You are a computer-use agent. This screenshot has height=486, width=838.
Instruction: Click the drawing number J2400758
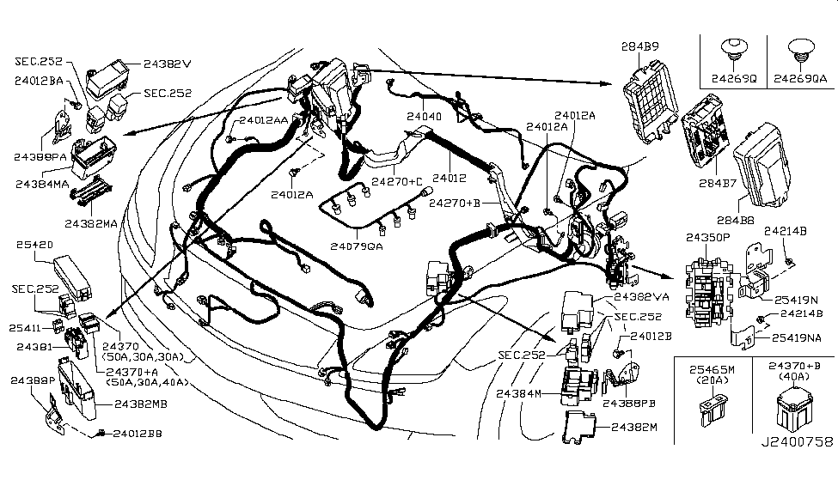click(x=795, y=442)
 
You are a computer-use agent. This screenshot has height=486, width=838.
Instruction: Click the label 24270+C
click(x=397, y=181)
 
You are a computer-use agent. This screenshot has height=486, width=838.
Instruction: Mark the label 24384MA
click(x=42, y=183)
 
